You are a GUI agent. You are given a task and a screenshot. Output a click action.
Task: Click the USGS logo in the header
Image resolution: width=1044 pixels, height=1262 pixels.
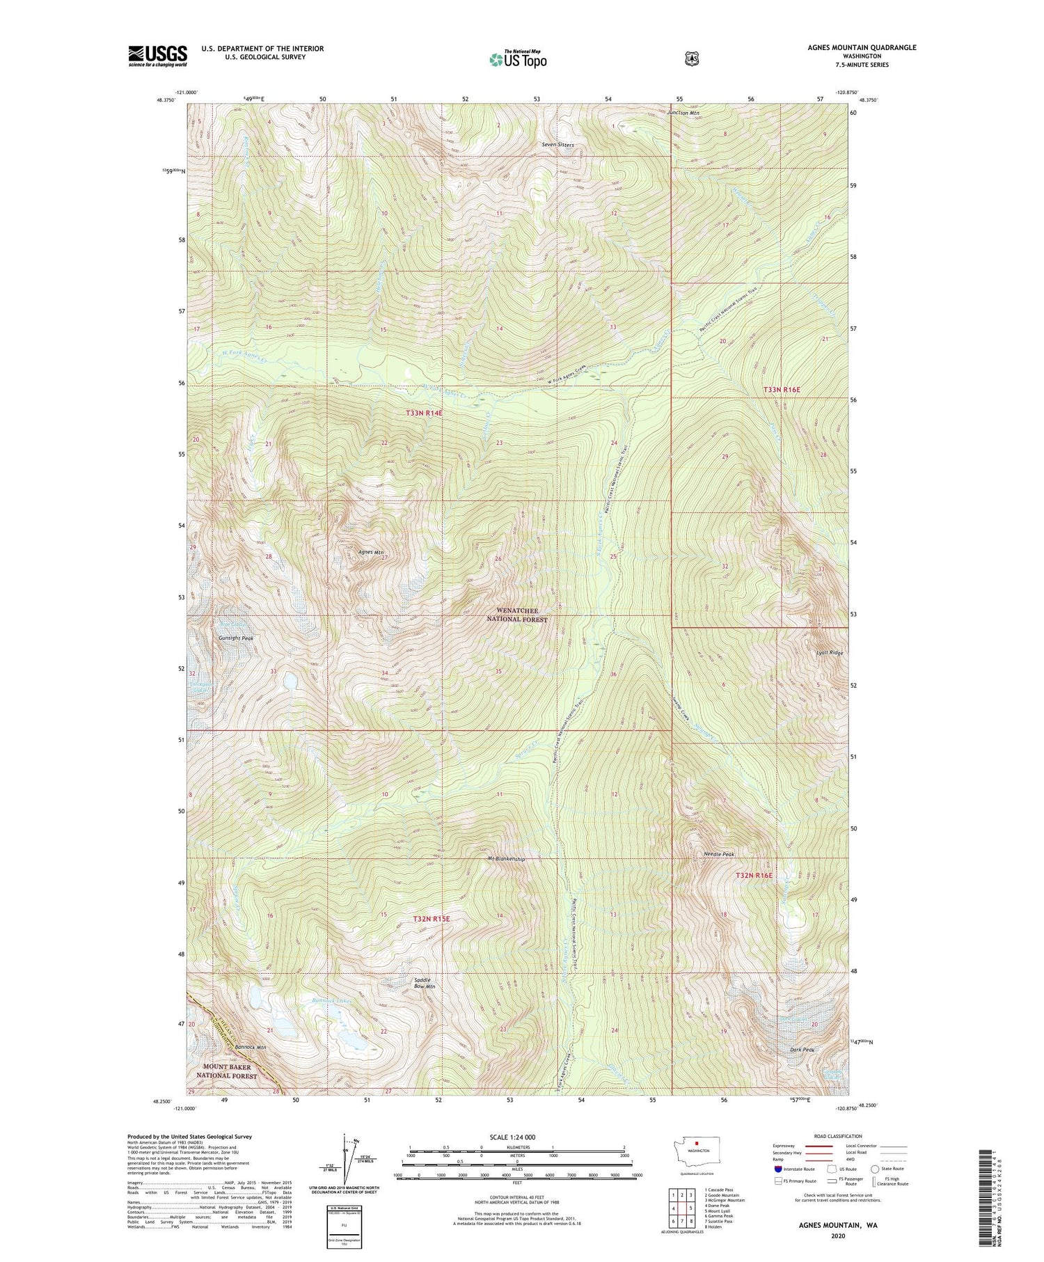point(157,56)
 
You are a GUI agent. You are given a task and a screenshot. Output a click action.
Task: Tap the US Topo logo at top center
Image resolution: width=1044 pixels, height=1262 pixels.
point(518,59)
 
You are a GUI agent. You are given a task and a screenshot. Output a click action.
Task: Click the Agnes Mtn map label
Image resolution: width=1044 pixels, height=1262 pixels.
point(371,553)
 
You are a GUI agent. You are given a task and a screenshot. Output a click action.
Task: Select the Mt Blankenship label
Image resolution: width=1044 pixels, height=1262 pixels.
point(507,858)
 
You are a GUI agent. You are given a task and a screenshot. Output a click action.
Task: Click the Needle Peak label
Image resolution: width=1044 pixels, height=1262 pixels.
point(719,853)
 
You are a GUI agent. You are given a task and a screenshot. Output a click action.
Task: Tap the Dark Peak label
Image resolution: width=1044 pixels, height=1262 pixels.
point(802,1050)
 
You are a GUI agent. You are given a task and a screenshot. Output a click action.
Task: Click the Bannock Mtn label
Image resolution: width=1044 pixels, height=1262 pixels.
point(251,1047)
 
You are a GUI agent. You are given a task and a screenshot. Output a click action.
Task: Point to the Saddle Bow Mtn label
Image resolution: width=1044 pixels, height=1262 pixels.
point(425,983)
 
